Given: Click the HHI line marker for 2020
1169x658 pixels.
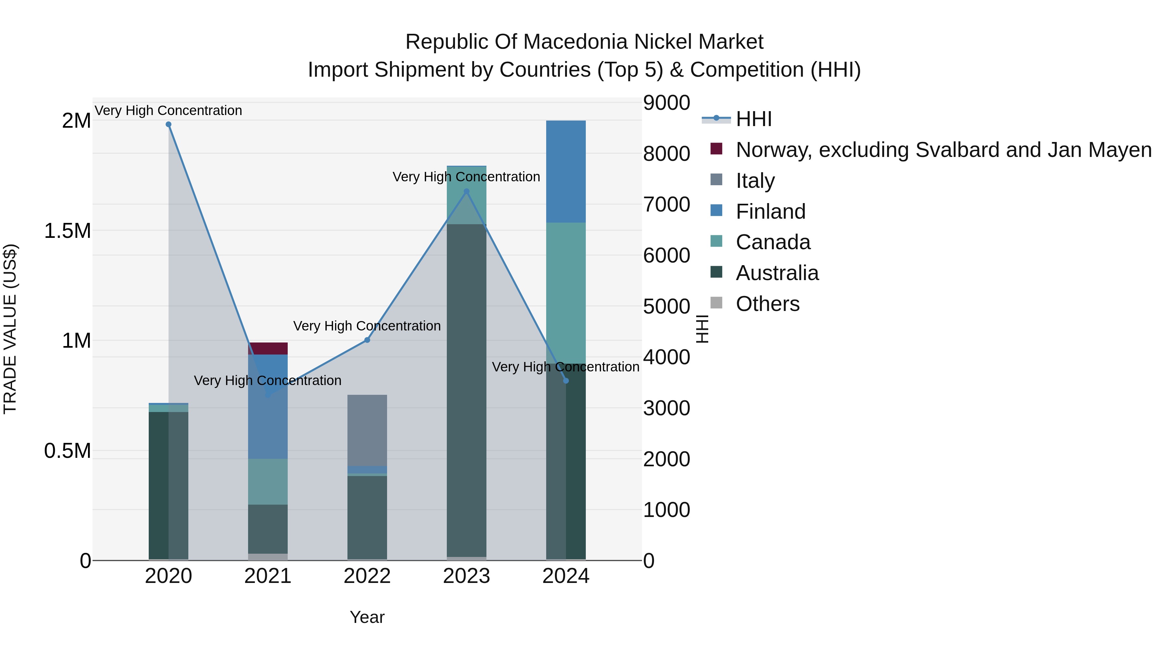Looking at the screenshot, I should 168,124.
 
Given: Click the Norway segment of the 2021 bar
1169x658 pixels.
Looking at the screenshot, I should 268,349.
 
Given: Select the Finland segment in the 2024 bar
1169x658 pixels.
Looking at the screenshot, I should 566,172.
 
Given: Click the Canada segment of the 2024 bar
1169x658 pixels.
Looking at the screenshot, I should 566,293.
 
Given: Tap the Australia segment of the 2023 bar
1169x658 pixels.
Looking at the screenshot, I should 467,391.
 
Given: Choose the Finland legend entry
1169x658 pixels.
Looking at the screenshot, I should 770,212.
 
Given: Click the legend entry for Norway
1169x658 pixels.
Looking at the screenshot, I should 943,150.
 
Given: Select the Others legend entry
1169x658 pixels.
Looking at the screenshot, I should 767,304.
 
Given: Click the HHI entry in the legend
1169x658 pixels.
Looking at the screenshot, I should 753,119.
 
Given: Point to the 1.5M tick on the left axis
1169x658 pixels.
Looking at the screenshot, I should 67,231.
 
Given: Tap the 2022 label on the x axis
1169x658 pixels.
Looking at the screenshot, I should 367,576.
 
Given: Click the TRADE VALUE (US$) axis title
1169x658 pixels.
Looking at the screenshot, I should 10,329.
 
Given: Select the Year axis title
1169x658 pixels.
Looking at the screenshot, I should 367,617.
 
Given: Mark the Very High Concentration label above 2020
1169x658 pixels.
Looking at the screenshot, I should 168,110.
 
